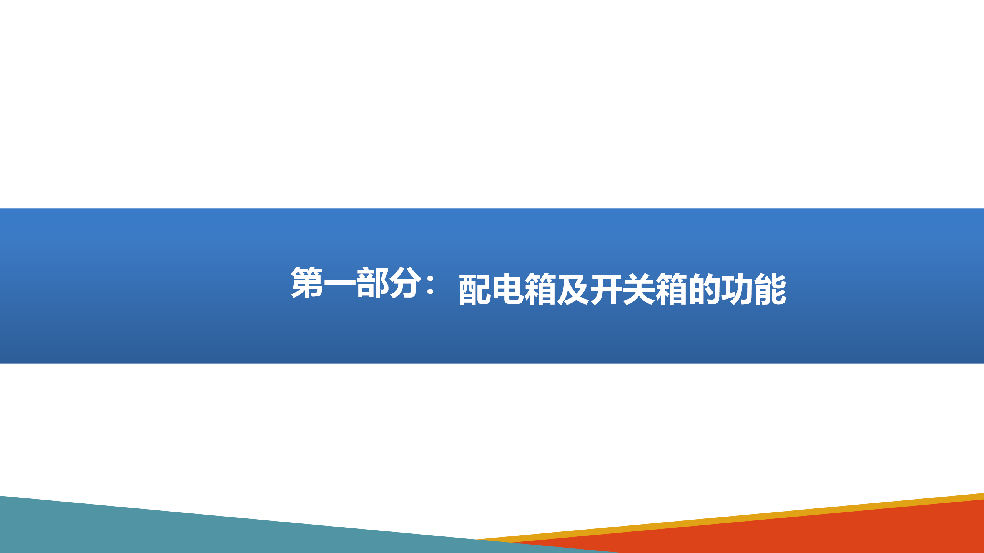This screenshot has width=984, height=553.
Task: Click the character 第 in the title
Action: (x=307, y=282)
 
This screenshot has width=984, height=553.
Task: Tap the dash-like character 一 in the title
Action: (x=340, y=283)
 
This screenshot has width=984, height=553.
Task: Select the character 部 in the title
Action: (x=373, y=282)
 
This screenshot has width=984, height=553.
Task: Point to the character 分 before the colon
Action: (x=406, y=282)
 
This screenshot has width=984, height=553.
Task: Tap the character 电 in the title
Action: (x=508, y=289)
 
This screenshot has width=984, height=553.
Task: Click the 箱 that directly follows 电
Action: (x=540, y=289)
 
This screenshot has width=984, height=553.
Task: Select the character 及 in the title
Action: (x=573, y=289)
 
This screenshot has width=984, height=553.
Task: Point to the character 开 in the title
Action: (x=606, y=289)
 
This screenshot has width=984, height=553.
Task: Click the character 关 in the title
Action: (x=639, y=289)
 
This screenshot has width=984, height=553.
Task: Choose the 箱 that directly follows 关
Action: (x=672, y=289)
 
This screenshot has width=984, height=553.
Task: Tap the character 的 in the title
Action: (x=704, y=289)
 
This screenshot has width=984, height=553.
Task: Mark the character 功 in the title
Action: (x=737, y=289)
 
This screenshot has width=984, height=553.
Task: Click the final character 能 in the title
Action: (x=770, y=289)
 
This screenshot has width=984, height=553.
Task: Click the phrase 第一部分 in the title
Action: (x=356, y=282)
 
